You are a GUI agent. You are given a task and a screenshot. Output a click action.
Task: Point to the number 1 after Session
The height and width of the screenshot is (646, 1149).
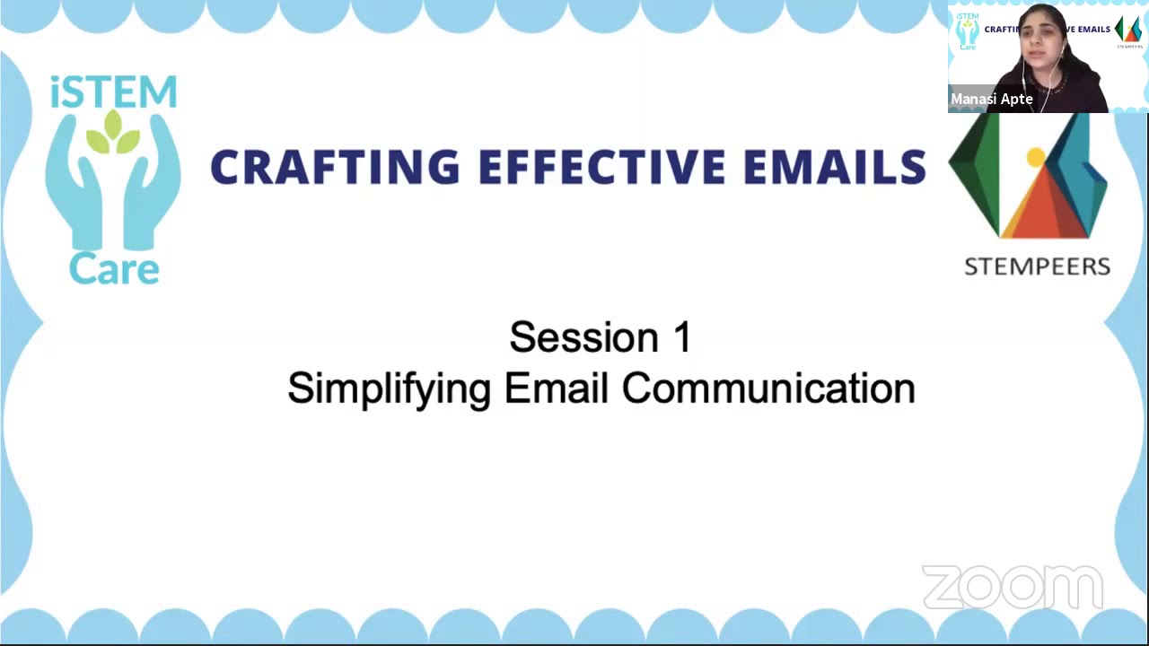(x=681, y=338)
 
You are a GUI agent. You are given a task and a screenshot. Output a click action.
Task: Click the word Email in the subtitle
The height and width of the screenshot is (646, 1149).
(x=557, y=388)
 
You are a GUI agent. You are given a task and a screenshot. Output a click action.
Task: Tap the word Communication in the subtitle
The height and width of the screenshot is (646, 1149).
(x=768, y=388)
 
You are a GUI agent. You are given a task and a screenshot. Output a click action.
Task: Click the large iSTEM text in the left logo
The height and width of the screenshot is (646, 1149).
(x=114, y=92)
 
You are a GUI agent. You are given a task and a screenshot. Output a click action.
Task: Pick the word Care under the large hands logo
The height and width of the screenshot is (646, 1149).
(x=114, y=268)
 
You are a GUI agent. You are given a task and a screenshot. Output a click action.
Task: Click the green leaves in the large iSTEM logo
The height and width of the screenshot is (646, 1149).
(x=113, y=133)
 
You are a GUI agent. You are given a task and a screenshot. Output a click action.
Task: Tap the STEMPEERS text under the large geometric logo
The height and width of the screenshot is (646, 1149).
(x=1037, y=266)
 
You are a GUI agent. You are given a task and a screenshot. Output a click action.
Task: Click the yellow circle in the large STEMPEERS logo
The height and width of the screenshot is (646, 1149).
(x=1036, y=159)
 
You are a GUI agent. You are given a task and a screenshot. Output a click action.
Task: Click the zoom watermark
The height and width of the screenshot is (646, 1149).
(x=1012, y=588)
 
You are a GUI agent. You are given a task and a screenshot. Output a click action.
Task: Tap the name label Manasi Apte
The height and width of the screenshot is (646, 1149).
(x=992, y=99)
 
